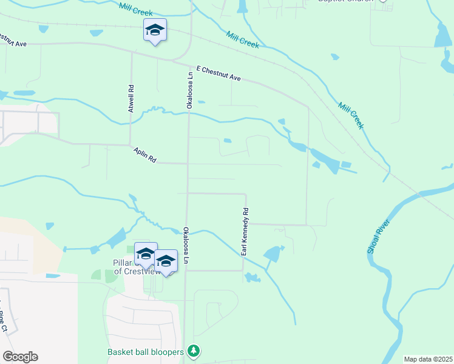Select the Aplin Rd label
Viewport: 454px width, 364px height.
[146, 156]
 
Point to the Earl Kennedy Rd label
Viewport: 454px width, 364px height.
[246, 231]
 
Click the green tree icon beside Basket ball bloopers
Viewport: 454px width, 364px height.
[194, 351]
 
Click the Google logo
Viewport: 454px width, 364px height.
[20, 357]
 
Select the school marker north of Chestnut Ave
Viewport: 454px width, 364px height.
[155, 30]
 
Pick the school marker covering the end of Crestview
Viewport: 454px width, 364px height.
[166, 261]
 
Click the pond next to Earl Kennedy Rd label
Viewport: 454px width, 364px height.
[274, 254]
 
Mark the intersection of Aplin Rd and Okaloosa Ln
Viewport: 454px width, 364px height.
[188, 163]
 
